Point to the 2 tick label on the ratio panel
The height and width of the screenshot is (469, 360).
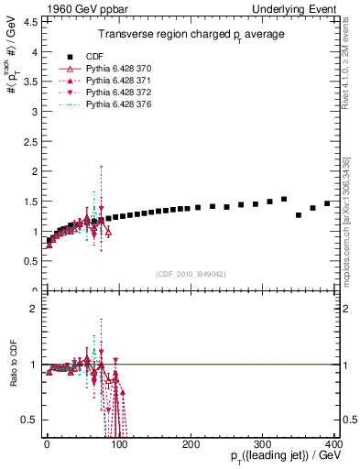click(34, 309)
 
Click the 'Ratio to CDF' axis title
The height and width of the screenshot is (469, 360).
click(12, 364)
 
